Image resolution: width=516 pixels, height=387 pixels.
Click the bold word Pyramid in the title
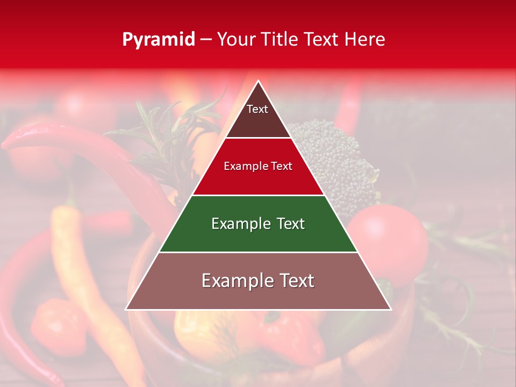[159, 40]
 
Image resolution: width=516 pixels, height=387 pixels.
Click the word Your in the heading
[237, 40]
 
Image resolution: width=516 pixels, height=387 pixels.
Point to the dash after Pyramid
[205, 40]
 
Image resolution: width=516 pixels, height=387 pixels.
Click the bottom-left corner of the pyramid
[127, 309]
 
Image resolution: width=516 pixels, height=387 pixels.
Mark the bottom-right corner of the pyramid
[390, 309]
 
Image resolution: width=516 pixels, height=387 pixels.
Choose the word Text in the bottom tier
[292, 281]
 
